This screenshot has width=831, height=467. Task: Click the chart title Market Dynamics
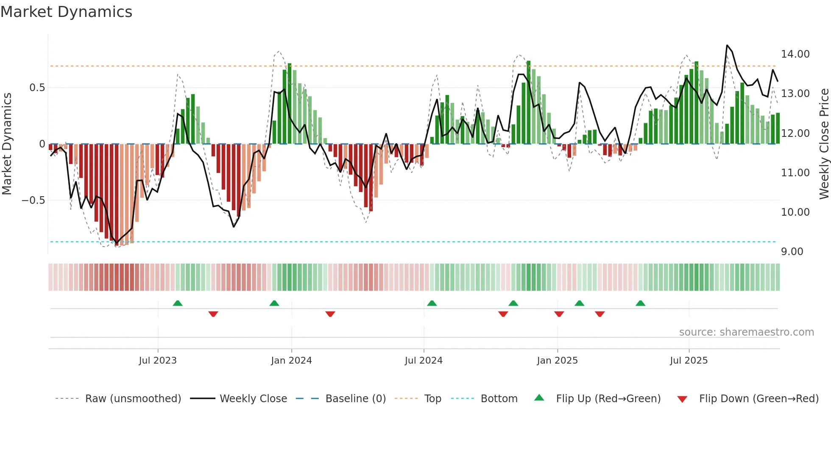pos(66,12)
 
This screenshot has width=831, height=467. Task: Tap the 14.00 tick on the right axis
pos(795,54)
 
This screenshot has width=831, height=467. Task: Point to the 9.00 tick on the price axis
pos(792,252)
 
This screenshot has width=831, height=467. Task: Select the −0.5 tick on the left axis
pos(33,200)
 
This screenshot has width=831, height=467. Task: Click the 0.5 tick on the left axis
pos(37,88)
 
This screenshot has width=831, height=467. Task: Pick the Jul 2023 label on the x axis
pos(158,361)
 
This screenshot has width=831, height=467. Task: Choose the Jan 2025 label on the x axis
pos(557,361)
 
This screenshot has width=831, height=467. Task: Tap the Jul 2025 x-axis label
pos(689,361)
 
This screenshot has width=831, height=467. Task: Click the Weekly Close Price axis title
pos(824,144)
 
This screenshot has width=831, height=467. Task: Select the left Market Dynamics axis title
pos(7,144)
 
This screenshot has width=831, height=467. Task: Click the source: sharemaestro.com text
pos(746,332)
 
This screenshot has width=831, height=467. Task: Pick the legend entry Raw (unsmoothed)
pos(133,399)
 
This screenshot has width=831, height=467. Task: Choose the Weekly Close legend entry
pos(253,399)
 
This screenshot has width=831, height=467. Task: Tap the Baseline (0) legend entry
pos(355,399)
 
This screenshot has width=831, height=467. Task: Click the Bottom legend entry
pos(499,399)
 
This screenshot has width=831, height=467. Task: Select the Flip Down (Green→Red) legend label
pos(758,399)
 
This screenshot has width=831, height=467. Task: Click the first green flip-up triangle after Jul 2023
pos(178,303)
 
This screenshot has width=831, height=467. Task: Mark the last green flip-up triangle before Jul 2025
pos(640,303)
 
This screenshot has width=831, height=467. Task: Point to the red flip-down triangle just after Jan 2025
pos(559,314)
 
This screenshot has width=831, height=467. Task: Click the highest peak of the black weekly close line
pos(727,45)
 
